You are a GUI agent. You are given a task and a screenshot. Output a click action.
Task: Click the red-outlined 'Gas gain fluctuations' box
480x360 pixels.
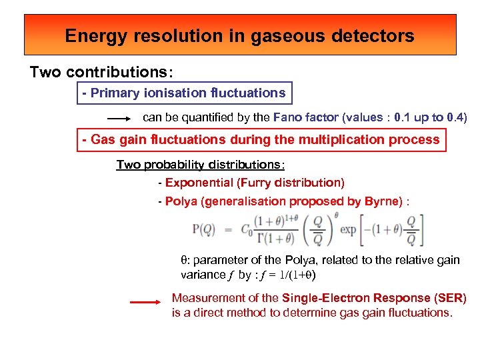[261, 140]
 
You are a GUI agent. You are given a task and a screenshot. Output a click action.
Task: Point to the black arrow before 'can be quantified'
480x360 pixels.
[120, 119]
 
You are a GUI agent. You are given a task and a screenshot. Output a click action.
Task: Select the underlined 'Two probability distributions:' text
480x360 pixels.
[200, 165]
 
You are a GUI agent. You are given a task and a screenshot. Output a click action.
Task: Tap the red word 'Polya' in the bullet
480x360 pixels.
[180, 201]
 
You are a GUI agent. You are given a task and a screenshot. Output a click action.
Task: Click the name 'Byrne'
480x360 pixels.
[381, 201]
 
